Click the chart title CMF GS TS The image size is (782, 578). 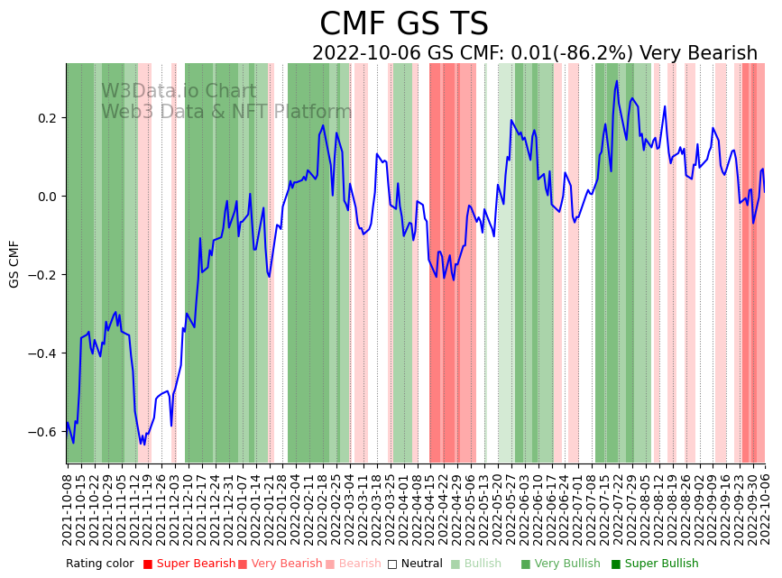click(x=403, y=24)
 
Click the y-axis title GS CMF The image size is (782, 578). click(x=14, y=263)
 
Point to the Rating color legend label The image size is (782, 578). click(x=99, y=564)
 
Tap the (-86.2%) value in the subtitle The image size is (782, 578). click(x=587, y=54)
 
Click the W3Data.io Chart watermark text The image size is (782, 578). click(x=179, y=92)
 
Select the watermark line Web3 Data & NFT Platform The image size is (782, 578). click(x=226, y=112)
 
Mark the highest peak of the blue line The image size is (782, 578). click(x=617, y=81)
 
